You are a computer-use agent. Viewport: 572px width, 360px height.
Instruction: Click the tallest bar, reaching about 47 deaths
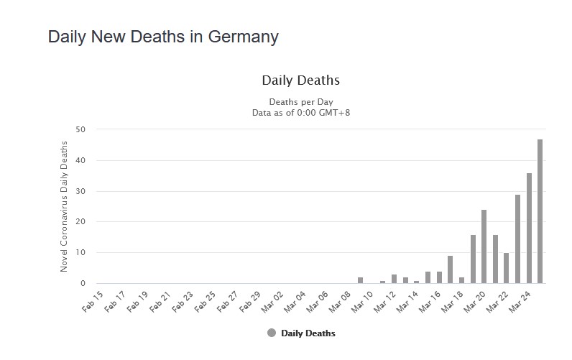point(540,211)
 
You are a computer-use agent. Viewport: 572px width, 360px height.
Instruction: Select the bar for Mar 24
point(529,229)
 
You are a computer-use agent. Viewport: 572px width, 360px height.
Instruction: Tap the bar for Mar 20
point(484,246)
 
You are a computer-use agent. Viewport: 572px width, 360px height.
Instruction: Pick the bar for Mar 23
point(517,239)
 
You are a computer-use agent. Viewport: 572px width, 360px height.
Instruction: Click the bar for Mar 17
point(450,269)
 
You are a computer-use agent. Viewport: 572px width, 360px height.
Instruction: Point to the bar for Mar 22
point(507,268)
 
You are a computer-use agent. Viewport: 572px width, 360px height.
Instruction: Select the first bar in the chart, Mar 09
point(361,280)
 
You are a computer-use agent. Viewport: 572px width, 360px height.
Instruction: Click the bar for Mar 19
point(473,259)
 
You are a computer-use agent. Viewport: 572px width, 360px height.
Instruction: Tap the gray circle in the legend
point(272,333)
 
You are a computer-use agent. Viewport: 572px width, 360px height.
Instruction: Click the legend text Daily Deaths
point(308,333)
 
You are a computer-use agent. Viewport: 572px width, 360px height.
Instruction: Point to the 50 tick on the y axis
point(80,129)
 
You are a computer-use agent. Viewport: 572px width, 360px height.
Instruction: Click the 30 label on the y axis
point(80,191)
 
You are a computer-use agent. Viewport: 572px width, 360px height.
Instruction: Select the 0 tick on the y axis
point(83,283)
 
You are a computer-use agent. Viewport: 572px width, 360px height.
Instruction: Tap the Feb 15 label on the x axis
point(93,302)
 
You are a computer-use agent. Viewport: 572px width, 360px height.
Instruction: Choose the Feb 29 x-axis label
point(250,302)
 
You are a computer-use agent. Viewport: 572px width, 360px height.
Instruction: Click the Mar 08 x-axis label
point(340,302)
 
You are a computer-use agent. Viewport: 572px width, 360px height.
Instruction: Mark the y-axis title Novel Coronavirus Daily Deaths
point(64,206)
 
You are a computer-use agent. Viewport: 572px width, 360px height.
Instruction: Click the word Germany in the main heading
point(244,37)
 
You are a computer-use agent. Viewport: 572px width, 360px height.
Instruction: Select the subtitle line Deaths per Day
point(301,102)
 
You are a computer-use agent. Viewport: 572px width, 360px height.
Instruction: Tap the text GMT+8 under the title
point(335,112)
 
